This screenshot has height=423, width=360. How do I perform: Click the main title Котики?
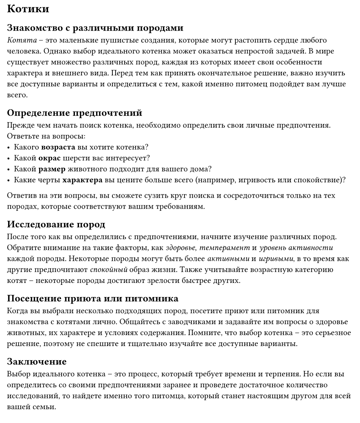(28, 9)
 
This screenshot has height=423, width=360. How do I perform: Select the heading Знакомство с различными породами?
(95, 28)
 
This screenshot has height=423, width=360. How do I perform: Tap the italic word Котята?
(19, 40)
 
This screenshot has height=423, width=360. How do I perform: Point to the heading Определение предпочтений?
(75, 113)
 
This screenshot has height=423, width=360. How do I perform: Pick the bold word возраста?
(58, 147)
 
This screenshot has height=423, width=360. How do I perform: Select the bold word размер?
(52, 169)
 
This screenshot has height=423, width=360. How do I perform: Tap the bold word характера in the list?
(82, 180)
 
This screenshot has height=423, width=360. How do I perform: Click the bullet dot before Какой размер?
(9, 169)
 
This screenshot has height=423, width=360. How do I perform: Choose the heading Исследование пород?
(56, 225)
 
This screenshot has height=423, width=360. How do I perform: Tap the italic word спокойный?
(109, 270)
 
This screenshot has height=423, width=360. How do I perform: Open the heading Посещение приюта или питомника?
(92, 299)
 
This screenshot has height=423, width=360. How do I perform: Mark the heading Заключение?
(37, 362)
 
